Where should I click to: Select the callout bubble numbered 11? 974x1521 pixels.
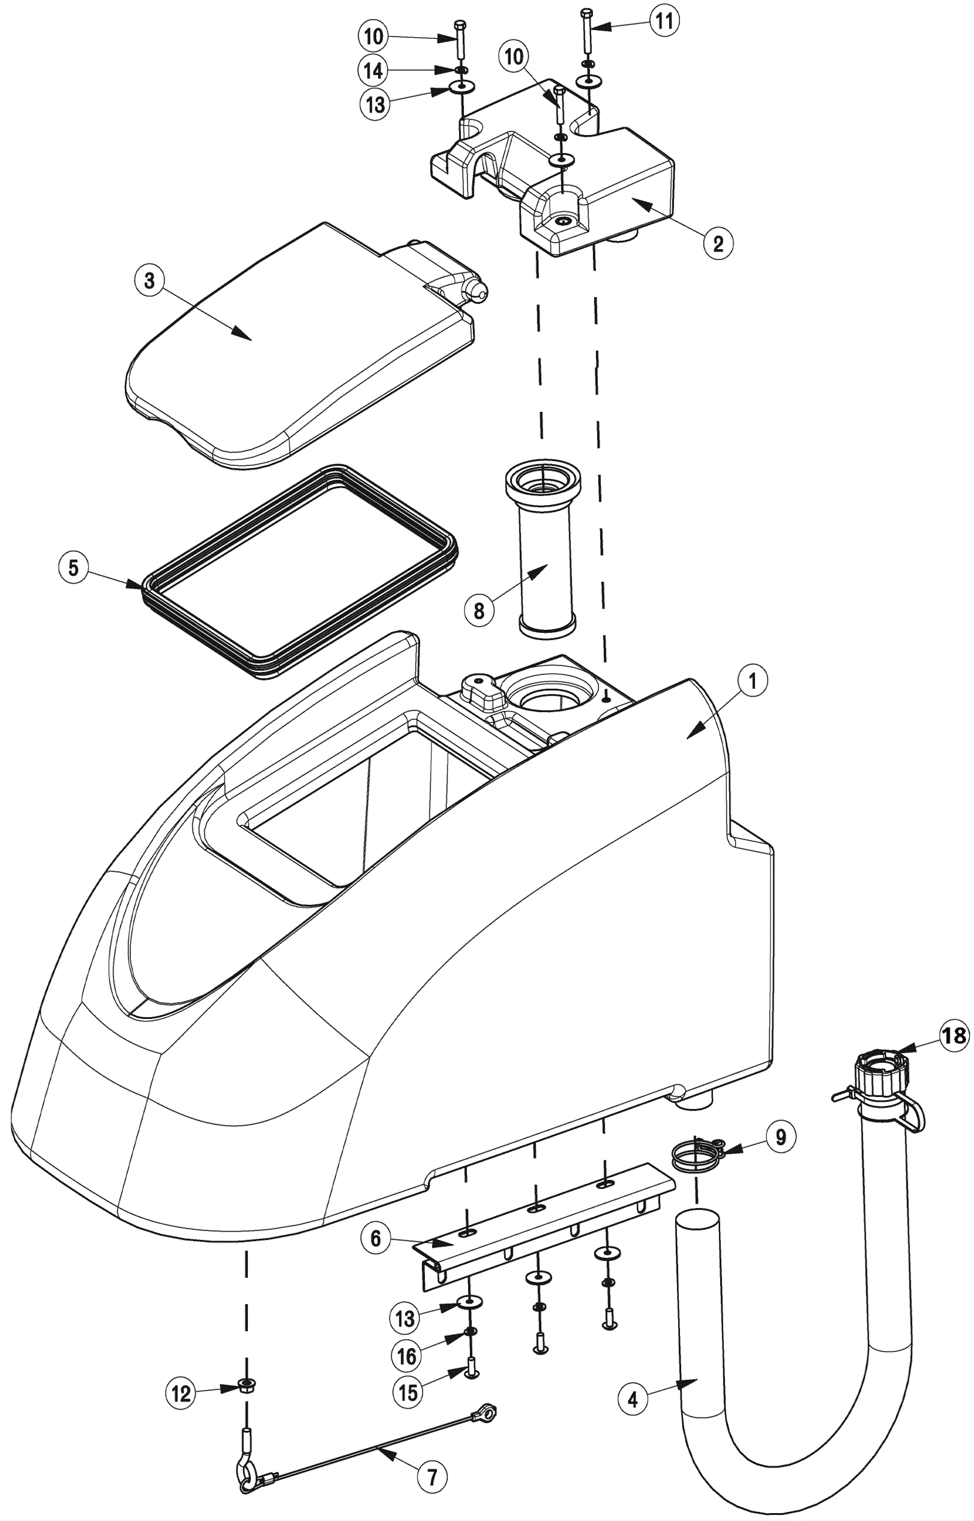pos(663,21)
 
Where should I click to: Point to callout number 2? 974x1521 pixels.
pos(718,243)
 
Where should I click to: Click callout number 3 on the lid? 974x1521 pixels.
pos(149,280)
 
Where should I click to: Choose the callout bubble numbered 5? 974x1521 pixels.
pos(74,568)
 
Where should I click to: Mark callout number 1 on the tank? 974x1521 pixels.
pos(752,682)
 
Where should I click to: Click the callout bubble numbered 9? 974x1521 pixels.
pos(780,1137)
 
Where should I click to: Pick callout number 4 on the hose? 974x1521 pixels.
pos(632,1400)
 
